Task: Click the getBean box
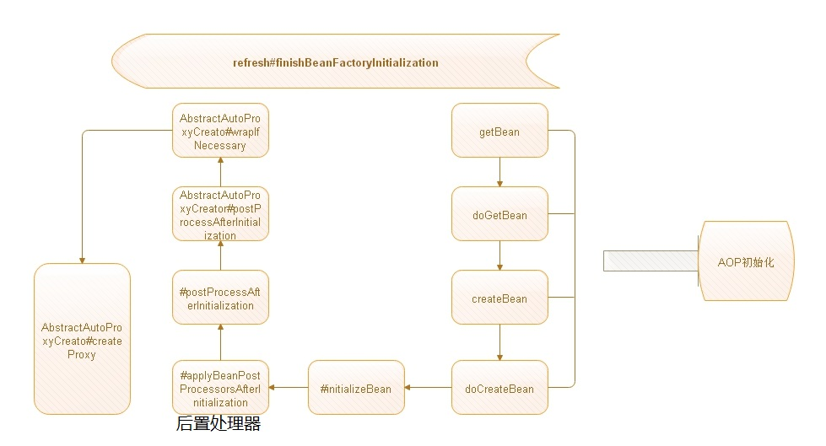[499, 130]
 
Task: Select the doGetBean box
[499, 214]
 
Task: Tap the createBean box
[499, 297]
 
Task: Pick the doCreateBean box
[499, 388]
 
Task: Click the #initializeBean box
[356, 388]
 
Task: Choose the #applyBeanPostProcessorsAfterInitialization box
[220, 388]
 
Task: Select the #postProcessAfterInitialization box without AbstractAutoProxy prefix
[220, 297]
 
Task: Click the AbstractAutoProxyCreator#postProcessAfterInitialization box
[220, 214]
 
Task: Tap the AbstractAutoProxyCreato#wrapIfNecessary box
[220, 130]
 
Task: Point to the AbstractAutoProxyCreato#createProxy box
[82, 339]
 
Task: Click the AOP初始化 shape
[746, 261]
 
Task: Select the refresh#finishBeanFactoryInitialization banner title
[336, 62]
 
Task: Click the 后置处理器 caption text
[218, 423]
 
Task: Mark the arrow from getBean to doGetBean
[499, 172]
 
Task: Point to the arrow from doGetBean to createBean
[499, 256]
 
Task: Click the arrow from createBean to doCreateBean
[499, 342]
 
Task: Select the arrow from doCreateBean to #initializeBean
[428, 388]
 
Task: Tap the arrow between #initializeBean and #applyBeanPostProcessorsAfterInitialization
[289, 388]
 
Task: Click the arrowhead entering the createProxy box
[82, 261]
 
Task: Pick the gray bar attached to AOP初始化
[651, 261]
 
